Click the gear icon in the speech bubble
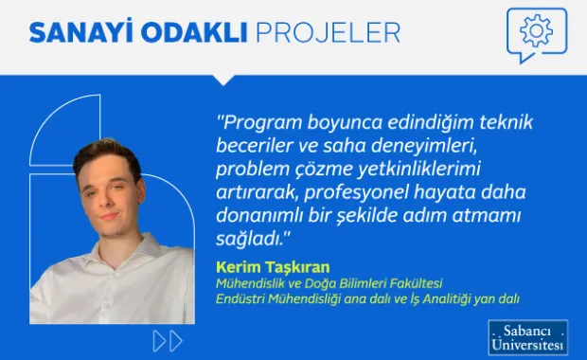pyautogui.click(x=536, y=31)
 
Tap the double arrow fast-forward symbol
pyautogui.click(x=168, y=340)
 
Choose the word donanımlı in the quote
pyautogui.click(x=258, y=214)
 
